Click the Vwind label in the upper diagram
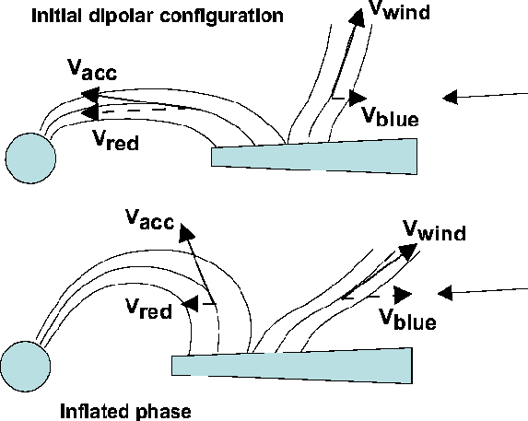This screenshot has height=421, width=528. (x=400, y=10)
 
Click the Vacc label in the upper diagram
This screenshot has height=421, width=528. (x=92, y=70)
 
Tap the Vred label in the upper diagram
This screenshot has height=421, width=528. (x=115, y=140)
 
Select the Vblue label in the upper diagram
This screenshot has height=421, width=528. (x=391, y=116)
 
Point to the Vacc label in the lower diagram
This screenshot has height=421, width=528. (x=150, y=219)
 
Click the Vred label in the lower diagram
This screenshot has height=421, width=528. (x=148, y=309)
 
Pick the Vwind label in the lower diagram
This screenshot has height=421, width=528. (x=434, y=230)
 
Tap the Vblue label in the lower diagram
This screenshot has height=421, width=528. (x=408, y=319)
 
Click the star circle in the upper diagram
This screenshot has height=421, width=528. (x=30, y=158)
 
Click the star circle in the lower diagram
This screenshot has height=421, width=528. (x=26, y=366)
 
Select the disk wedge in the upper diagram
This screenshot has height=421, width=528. (x=314, y=157)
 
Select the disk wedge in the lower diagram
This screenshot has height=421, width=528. (x=292, y=366)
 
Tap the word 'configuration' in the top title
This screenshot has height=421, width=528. (x=221, y=17)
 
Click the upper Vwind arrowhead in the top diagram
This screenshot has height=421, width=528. (x=357, y=18)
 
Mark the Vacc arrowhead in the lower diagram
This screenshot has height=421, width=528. (x=186, y=232)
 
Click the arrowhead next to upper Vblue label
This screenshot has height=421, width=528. (x=358, y=99)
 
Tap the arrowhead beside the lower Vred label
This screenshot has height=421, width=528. (x=190, y=304)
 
